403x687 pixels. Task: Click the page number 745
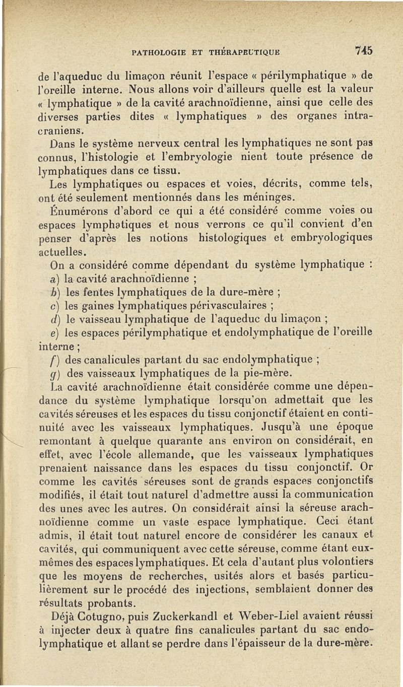pos(363,51)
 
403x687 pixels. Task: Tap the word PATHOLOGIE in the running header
pos(156,51)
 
